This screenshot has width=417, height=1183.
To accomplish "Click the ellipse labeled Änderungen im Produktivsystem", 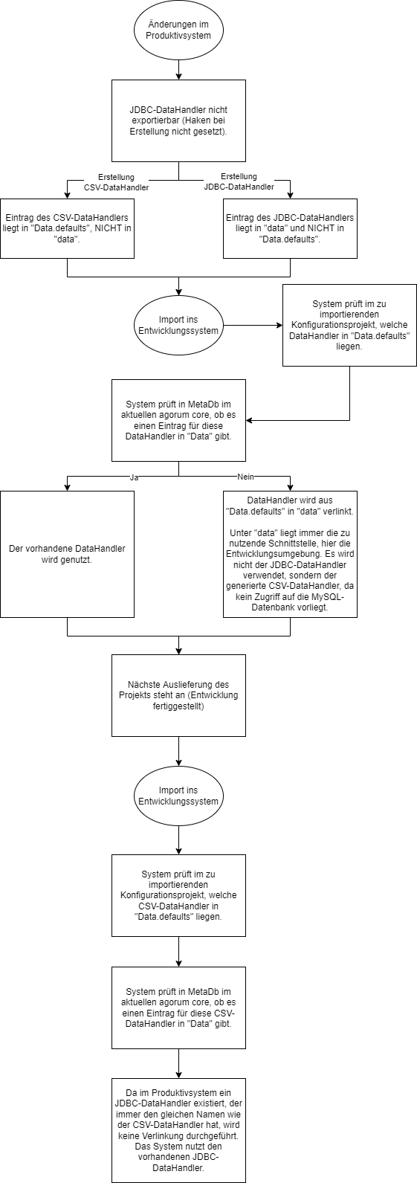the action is point(178,30).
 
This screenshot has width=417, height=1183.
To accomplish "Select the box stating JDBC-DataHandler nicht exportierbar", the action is point(178,120).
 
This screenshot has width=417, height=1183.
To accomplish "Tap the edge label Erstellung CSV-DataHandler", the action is point(116,182).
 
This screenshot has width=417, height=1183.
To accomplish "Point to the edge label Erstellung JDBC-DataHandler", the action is point(239,181).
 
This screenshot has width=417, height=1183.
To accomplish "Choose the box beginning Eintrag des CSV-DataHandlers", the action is point(67,228).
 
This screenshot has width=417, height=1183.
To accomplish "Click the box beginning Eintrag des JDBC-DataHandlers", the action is point(290,228).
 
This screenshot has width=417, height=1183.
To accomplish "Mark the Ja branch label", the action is point(134,477).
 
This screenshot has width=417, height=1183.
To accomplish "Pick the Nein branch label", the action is point(245,477).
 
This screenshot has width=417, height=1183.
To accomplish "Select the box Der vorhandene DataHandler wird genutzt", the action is point(67,554).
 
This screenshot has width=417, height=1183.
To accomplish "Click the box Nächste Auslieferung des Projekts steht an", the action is point(178,695).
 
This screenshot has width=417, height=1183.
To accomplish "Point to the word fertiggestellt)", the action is point(178,706).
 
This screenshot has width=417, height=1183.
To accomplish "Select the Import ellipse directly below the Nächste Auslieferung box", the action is point(178,796).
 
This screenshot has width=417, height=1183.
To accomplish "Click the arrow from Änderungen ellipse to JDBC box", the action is point(178,70).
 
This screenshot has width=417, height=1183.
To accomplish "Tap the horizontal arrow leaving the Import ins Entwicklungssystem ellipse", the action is point(253,326).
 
